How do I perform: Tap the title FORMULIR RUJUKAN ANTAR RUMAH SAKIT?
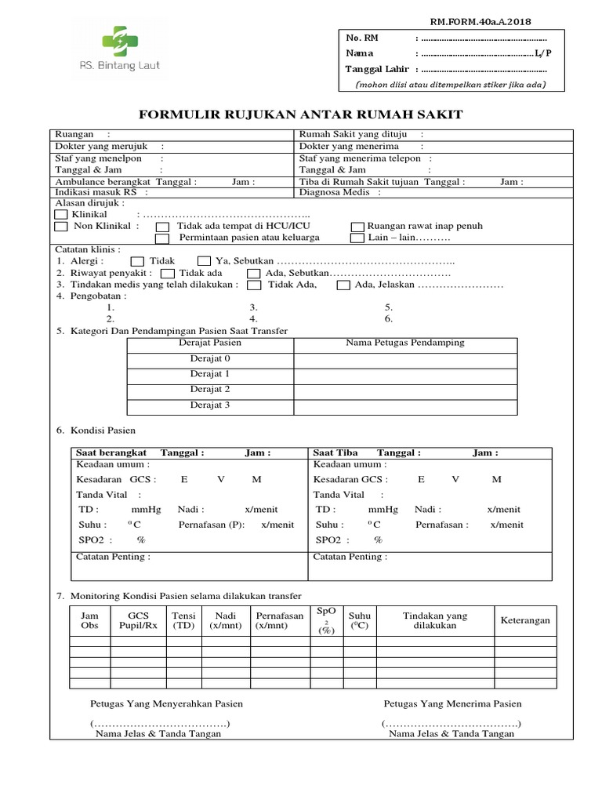tap(301, 114)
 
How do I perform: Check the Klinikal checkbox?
tap(61, 214)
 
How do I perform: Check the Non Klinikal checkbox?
tap(61, 227)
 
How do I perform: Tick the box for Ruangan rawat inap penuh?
tap(357, 227)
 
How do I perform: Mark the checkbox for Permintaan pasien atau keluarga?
tap(162, 238)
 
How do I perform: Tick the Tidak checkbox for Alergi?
tap(137, 260)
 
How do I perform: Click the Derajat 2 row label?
tap(209, 389)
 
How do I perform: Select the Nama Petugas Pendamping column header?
tap(405, 343)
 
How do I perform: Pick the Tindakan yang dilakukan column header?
tap(434, 621)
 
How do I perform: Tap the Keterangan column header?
tap(525, 620)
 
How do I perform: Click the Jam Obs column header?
tap(90, 621)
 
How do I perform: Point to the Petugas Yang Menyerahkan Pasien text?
tap(167, 703)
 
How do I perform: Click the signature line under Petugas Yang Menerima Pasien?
tap(451, 723)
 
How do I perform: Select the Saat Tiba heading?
tap(335, 452)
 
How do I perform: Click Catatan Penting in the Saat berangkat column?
tap(113, 557)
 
